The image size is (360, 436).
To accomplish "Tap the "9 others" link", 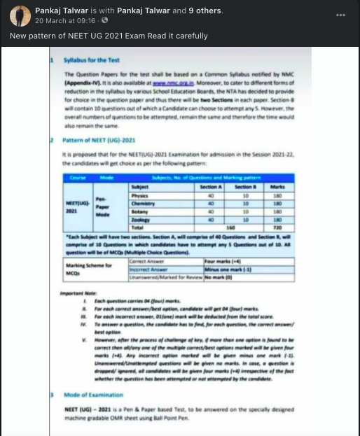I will coord(202,10).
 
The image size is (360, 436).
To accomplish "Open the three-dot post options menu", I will coord(341,15).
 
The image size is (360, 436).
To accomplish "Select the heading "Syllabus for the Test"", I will coord(96,61).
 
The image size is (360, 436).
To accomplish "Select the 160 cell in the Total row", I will coord(230,227).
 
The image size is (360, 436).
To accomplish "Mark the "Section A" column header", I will coord(209,187).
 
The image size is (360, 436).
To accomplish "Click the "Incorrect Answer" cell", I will coord(149,268).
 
